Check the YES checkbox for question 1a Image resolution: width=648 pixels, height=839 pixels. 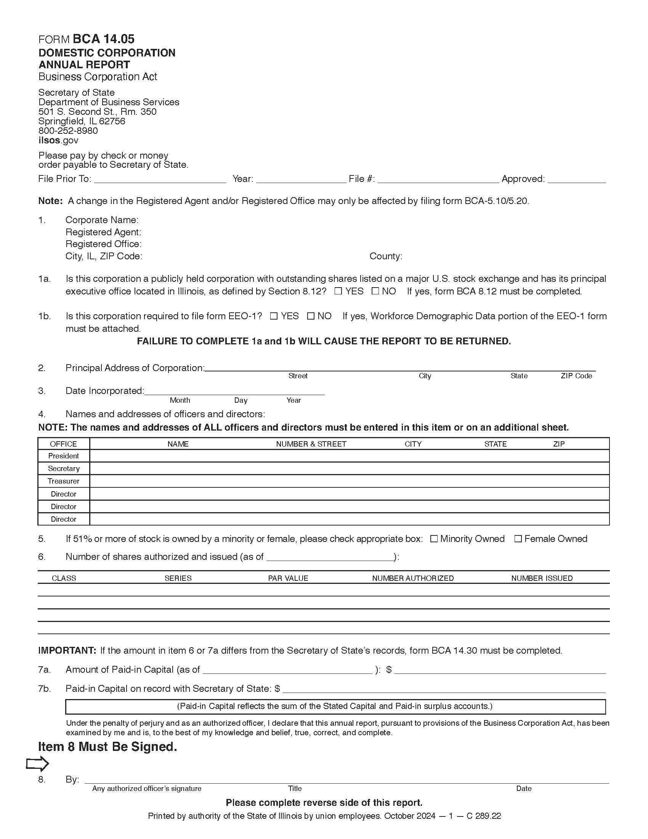(338, 291)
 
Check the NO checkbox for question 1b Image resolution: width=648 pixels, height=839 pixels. (311, 316)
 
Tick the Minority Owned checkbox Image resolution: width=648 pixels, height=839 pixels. (434, 539)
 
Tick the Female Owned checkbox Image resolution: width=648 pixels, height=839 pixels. (518, 539)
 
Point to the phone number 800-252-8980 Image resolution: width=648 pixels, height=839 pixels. (68, 130)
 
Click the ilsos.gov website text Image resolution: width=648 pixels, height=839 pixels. (58, 140)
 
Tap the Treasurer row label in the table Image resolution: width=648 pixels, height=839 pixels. (63, 481)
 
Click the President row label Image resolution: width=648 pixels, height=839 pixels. (63, 456)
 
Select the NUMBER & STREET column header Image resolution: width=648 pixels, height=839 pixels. (311, 444)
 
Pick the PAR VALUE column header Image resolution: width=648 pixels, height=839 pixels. (288, 578)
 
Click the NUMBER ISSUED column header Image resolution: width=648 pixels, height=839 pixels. (542, 578)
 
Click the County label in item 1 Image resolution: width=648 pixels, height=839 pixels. (385, 256)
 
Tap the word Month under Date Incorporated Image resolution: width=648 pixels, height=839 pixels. (180, 400)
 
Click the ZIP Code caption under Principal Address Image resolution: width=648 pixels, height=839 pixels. (576, 376)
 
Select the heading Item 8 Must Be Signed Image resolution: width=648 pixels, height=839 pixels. (107, 747)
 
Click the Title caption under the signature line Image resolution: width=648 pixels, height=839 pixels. (295, 789)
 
